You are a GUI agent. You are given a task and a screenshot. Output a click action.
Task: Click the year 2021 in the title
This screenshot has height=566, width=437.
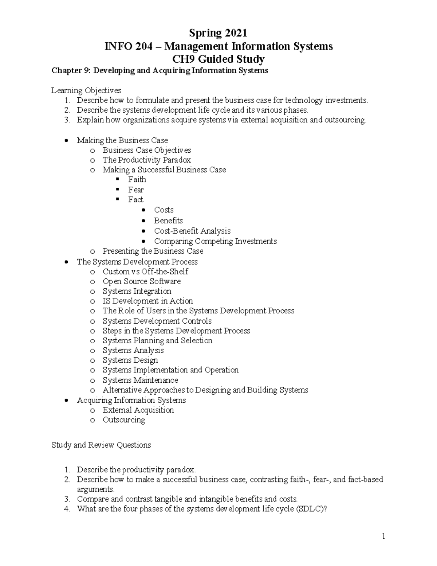tap(235, 33)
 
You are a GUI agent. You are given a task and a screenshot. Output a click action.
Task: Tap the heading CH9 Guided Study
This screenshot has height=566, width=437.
tap(219, 59)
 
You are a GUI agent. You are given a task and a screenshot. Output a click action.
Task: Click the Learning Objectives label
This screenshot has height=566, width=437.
tap(86, 90)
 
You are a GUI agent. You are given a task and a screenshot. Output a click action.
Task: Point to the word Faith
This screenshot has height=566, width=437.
tap(137, 180)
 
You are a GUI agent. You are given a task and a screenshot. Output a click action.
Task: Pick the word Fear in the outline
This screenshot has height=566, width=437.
tap(136, 190)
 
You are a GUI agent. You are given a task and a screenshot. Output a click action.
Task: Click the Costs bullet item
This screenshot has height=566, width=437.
tap(164, 210)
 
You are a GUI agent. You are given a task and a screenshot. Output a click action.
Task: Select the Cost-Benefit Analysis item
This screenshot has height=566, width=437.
tap(192, 231)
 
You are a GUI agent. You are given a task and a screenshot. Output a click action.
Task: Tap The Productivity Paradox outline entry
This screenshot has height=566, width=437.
tap(146, 160)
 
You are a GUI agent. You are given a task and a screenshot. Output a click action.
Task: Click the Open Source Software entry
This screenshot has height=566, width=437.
tap(141, 281)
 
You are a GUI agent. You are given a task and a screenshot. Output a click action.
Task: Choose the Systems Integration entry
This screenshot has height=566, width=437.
tap(137, 291)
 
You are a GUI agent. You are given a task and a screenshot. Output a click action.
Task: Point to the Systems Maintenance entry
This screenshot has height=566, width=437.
tap(140, 380)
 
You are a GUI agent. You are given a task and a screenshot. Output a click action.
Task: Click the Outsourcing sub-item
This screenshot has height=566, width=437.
tap(123, 420)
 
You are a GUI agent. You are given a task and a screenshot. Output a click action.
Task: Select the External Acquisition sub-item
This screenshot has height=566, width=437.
tap(138, 410)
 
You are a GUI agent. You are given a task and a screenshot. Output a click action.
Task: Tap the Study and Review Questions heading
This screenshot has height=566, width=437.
tap(101, 445)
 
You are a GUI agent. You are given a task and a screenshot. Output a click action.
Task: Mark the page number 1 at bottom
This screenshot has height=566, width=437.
tap(383, 536)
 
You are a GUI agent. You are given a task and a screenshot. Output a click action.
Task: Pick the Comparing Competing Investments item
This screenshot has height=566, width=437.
tap(215, 241)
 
